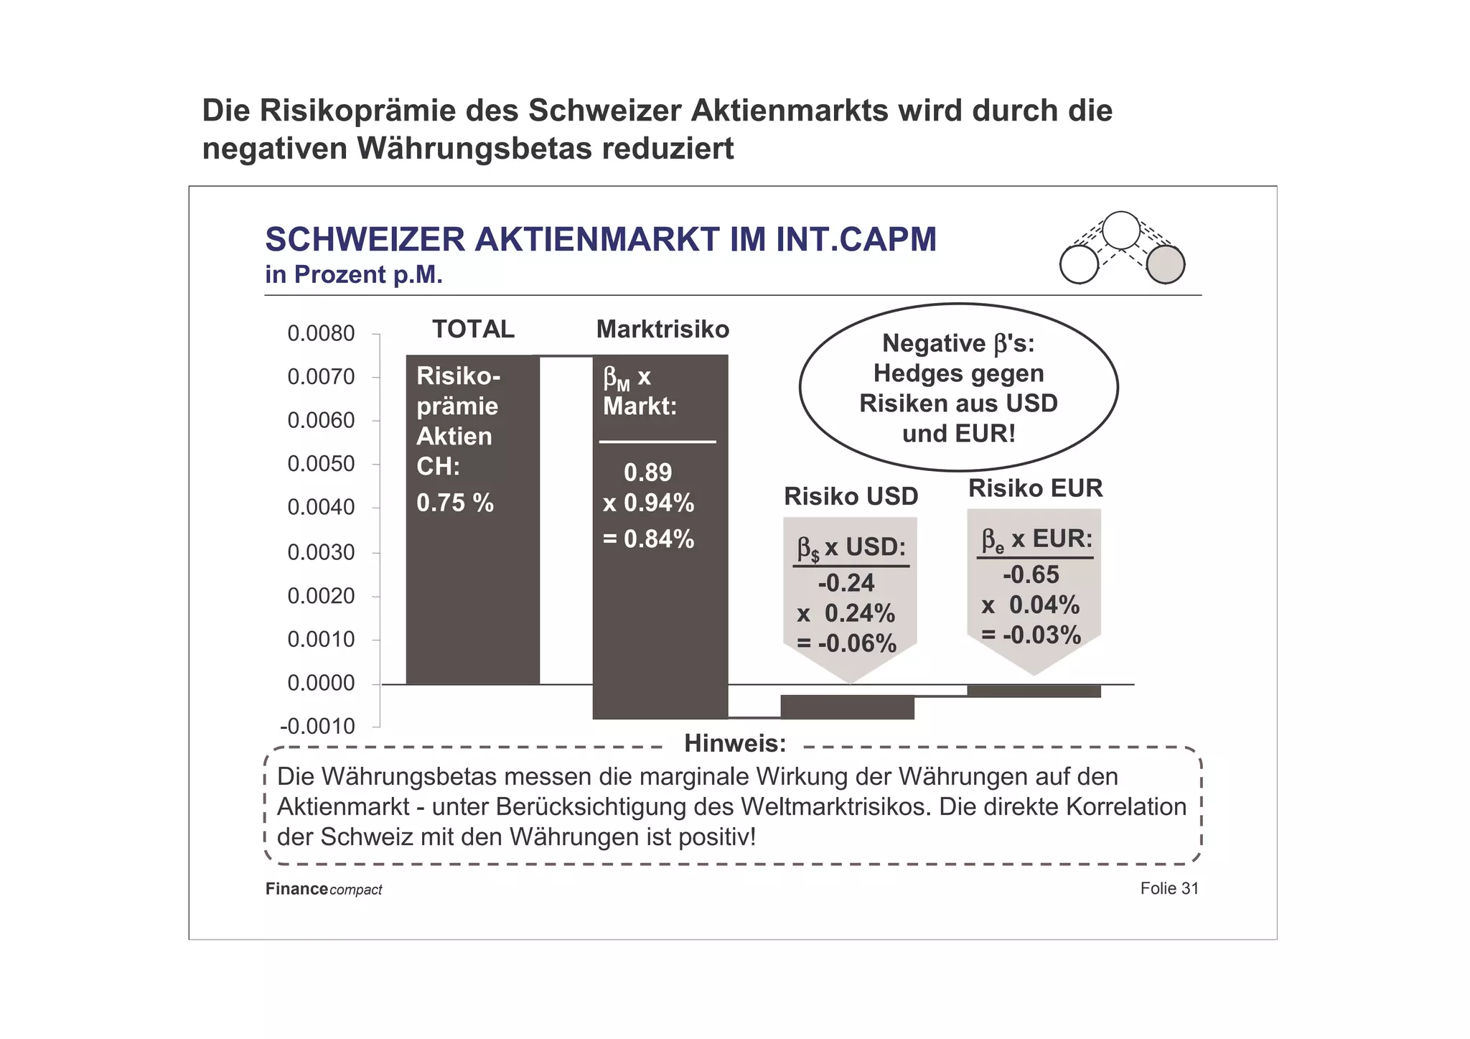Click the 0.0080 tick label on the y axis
point(321,334)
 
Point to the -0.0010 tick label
point(317,727)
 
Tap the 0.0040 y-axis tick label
point(321,508)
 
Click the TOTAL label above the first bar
point(473,330)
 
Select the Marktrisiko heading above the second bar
point(662,330)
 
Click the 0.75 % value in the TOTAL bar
point(455,503)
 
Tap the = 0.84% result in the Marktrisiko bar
point(648,539)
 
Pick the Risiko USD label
point(851,496)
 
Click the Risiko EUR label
point(1035,488)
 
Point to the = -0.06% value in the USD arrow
point(847,643)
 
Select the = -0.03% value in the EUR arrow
point(1031,635)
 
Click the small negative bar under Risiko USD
point(847,707)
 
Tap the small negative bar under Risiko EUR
point(1034,691)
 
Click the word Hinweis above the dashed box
point(734,744)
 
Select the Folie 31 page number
point(1169,889)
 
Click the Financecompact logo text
point(323,890)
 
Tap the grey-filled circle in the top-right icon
point(1164,264)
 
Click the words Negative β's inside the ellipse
point(958,344)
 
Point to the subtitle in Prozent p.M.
point(353,275)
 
